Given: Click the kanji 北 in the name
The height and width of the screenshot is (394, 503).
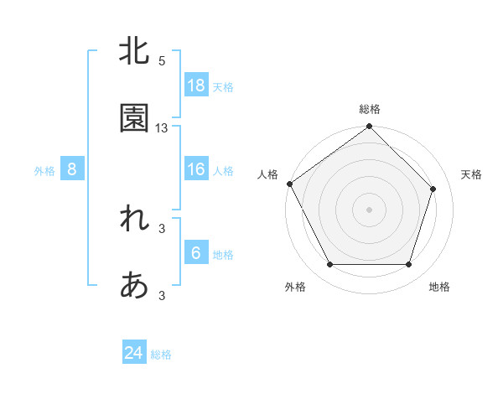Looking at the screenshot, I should pyautogui.click(x=134, y=51).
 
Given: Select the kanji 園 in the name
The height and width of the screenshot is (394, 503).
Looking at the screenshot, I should pyautogui.click(x=134, y=119).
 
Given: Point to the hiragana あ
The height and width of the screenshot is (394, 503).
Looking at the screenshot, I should pyautogui.click(x=134, y=286).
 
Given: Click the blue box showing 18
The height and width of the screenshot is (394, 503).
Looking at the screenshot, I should pyautogui.click(x=196, y=85).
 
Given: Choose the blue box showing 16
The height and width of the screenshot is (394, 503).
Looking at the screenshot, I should pyautogui.click(x=196, y=169).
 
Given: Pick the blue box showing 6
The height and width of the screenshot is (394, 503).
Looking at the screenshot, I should pyautogui.click(x=196, y=253).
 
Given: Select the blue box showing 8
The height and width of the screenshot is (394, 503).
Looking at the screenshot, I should pyautogui.click(x=72, y=169).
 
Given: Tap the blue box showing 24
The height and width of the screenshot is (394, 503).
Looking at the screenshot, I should pyautogui.click(x=134, y=353).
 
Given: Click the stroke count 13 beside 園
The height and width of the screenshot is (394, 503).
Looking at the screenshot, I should pyautogui.click(x=162, y=128).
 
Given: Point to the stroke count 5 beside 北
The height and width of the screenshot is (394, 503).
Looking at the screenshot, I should pyautogui.click(x=162, y=61).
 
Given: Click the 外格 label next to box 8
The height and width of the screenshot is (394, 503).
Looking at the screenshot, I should pyautogui.click(x=44, y=170).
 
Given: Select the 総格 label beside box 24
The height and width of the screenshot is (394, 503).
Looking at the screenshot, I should pyautogui.click(x=161, y=355).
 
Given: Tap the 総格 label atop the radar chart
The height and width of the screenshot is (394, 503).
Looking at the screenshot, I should pyautogui.click(x=370, y=109).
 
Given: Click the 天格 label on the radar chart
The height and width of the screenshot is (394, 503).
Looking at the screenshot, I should pyautogui.click(x=472, y=174).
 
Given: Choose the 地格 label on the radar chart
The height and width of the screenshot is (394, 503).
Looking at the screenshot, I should pyautogui.click(x=439, y=287).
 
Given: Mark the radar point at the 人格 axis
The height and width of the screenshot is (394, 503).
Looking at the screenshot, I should pyautogui.click(x=289, y=184).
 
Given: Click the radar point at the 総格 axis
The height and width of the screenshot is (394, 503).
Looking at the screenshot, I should pyautogui.click(x=370, y=127).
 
